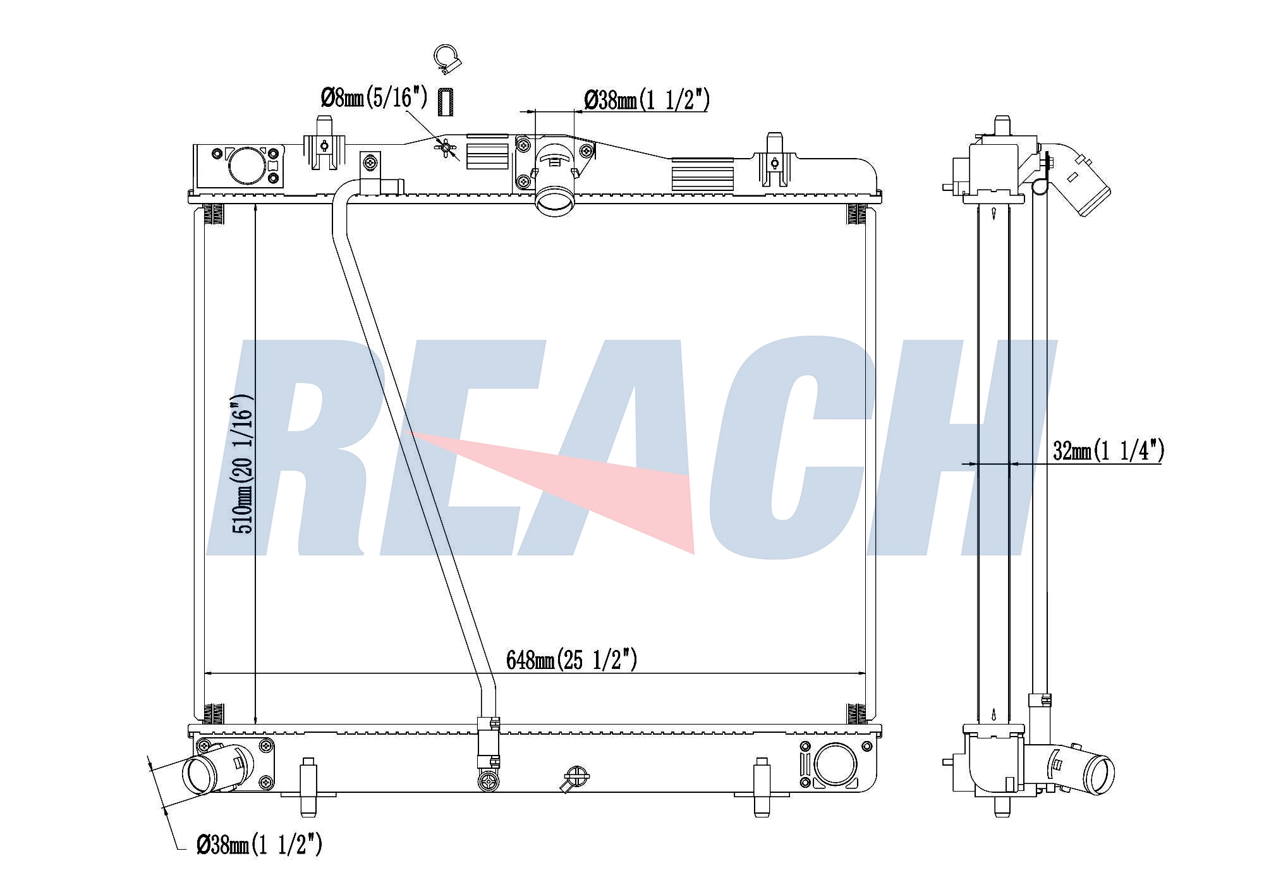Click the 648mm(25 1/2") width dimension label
(572, 660)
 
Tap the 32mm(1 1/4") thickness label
(1109, 450)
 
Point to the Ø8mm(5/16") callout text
(375, 98)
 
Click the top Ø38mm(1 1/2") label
(647, 100)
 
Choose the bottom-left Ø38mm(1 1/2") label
(260, 844)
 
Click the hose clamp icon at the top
(447, 58)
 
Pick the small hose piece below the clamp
(446, 102)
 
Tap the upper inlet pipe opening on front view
(555, 203)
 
